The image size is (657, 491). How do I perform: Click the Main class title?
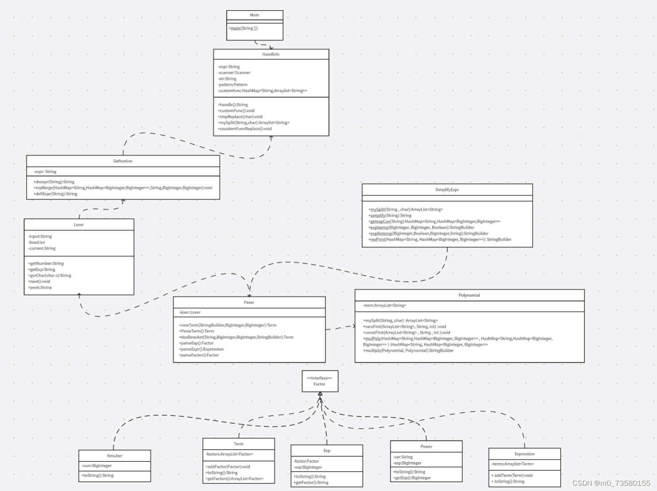point(254,15)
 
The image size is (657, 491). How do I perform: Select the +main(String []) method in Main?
point(243,28)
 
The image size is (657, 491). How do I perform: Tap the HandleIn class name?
point(271,54)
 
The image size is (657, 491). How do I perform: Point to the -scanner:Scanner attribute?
point(234,73)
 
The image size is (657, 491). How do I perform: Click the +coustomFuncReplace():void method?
point(245,129)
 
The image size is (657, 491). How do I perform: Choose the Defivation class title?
point(123,161)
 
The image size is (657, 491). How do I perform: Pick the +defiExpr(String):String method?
point(55,194)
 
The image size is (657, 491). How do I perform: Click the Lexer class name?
point(79,225)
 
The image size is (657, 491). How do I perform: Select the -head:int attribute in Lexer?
point(37,242)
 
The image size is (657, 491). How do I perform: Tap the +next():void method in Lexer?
point(39,281)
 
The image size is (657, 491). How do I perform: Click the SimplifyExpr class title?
point(447,190)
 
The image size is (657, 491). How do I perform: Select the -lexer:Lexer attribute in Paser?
point(190,312)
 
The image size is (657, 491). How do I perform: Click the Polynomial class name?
point(469,295)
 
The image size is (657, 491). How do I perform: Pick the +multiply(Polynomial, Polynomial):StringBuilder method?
point(408,350)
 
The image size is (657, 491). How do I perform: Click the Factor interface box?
point(320,381)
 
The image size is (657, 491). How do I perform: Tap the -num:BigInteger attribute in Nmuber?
point(96,466)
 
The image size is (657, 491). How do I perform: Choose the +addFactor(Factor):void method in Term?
point(228,467)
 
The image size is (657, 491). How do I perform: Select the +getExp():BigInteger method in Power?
point(412,478)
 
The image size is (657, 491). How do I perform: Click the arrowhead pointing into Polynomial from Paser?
point(353,326)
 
